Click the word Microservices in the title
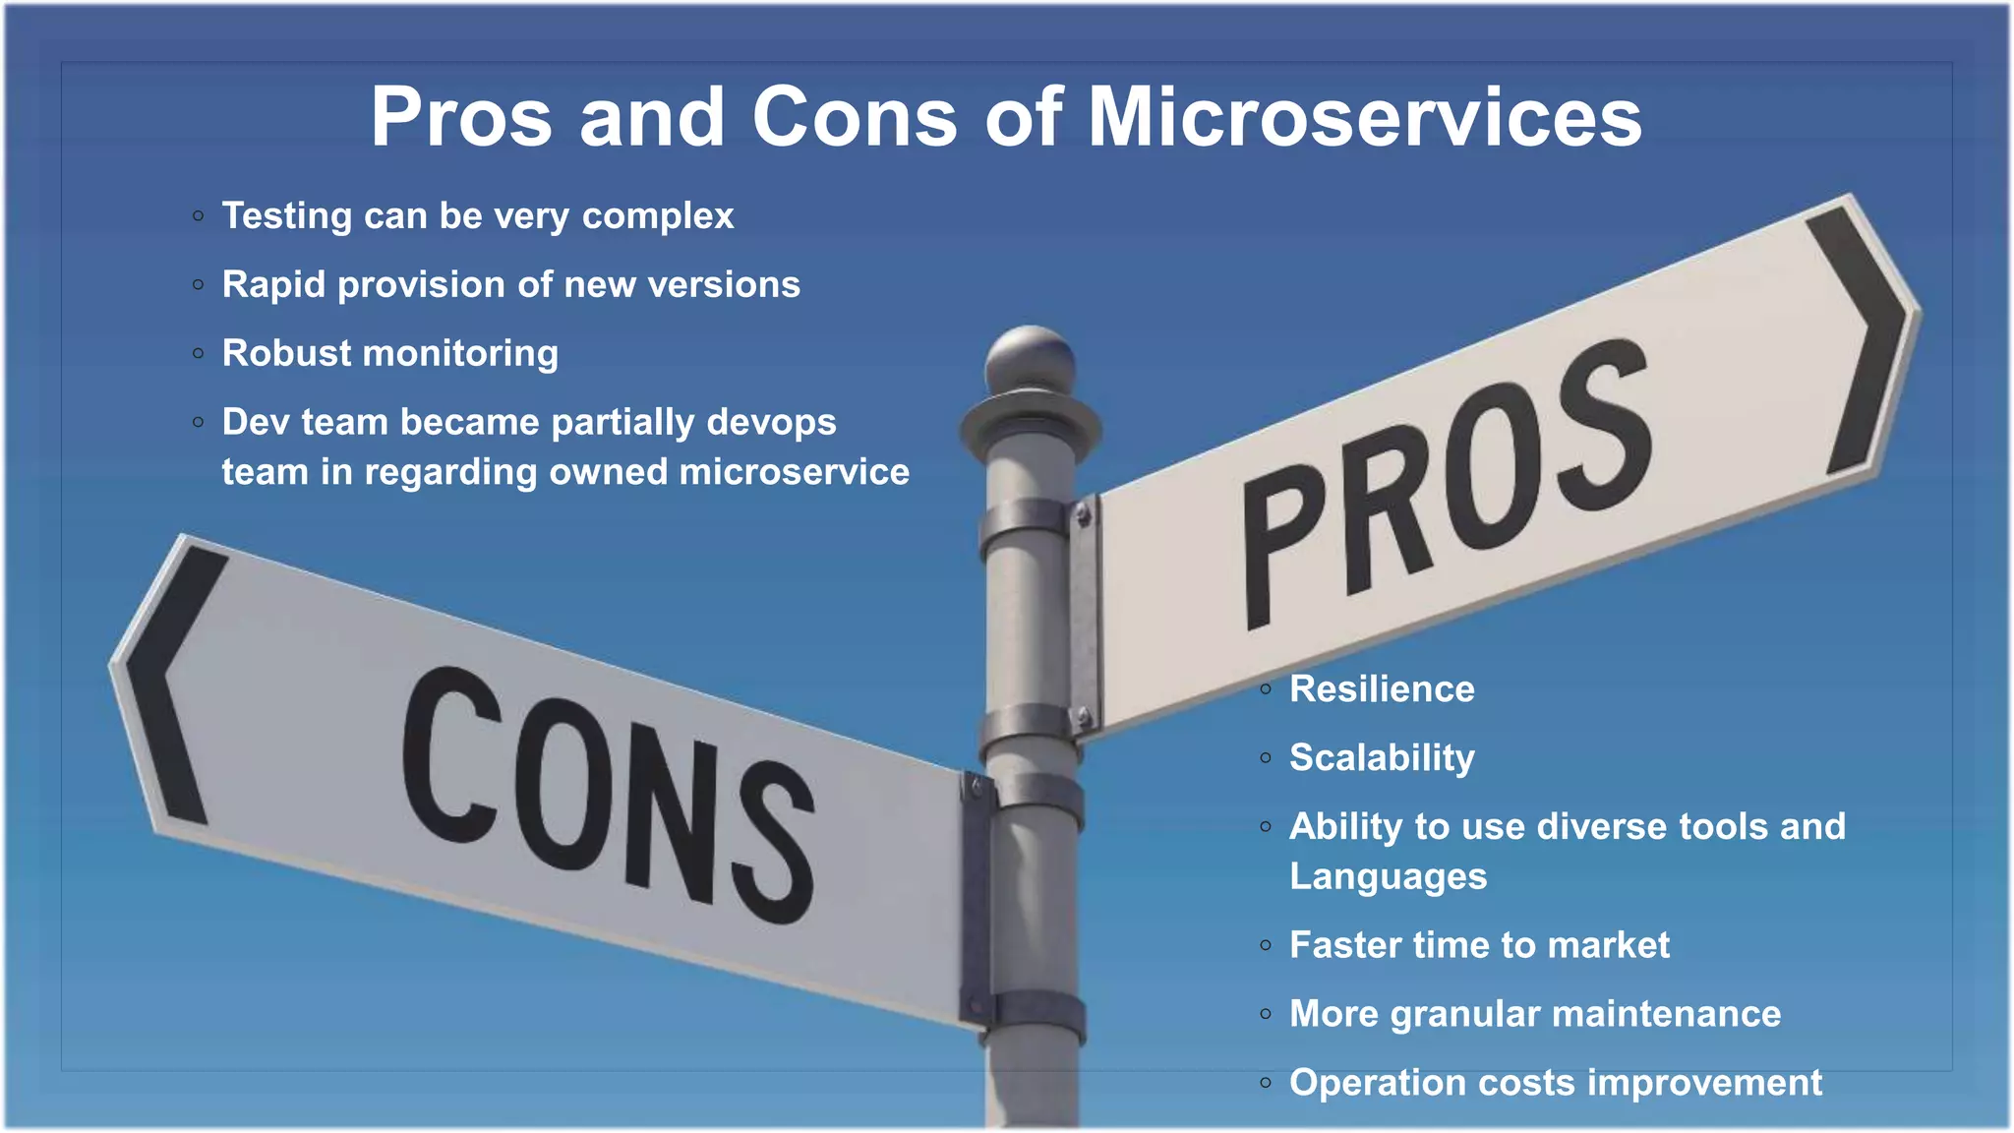click(1364, 118)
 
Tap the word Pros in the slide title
click(460, 118)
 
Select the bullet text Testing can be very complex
click(478, 216)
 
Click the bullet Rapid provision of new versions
click(510, 285)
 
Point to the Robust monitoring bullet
click(389, 354)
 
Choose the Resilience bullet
click(1382, 689)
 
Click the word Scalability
click(1382, 758)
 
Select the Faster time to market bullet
click(1479, 945)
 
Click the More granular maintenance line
click(1534, 1014)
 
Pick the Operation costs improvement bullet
click(1555, 1083)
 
